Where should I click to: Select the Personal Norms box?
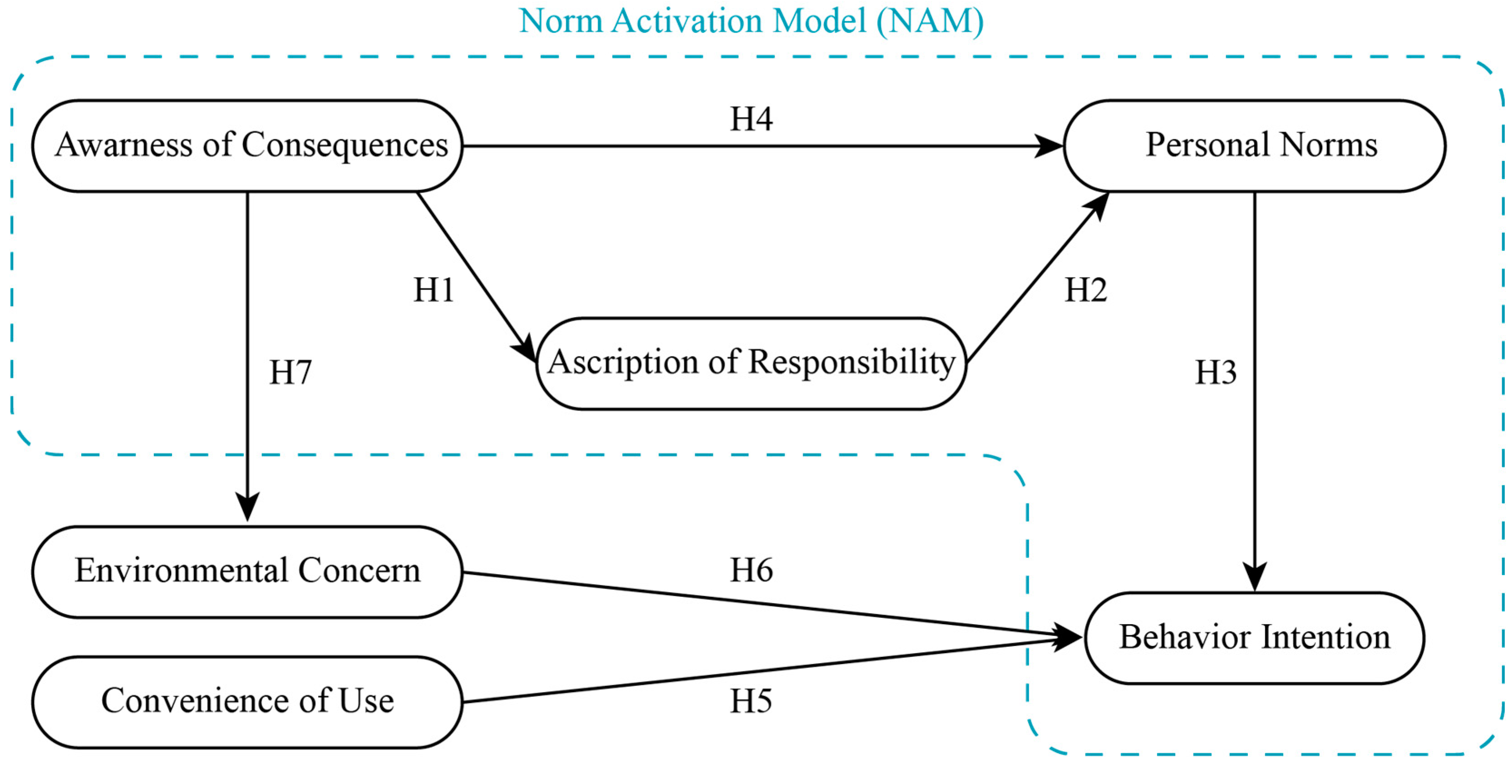pyautogui.click(x=1254, y=146)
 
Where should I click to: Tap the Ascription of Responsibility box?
pyautogui.click(x=751, y=363)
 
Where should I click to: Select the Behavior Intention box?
pyautogui.click(x=1254, y=638)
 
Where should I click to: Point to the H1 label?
pyautogui.click(x=434, y=290)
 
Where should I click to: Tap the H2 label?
pyautogui.click(x=1086, y=290)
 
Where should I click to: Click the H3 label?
pyautogui.click(x=1216, y=372)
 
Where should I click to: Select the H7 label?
pyautogui.click(x=290, y=372)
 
